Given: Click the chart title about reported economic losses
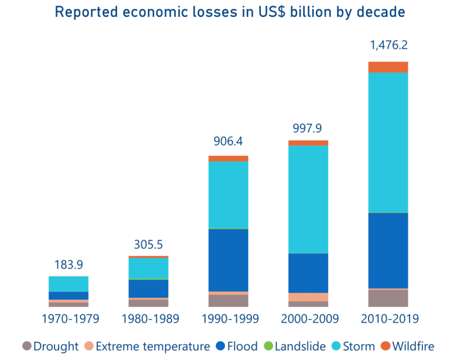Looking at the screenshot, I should click(x=230, y=12).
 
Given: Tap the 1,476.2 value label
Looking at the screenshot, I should click(x=388, y=45).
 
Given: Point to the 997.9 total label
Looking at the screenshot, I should click(x=308, y=128).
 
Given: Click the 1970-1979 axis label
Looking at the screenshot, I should click(x=69, y=319).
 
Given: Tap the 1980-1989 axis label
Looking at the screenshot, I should click(x=148, y=319).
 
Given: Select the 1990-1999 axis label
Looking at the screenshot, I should click(x=229, y=319).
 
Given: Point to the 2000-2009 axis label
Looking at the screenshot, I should click(x=308, y=319).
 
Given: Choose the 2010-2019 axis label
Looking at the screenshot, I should click(x=388, y=319).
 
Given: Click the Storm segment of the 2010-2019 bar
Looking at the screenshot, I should click(x=388, y=142).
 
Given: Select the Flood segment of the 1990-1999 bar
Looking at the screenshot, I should click(x=229, y=260).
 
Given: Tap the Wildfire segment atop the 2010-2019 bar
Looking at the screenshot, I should click(x=388, y=67).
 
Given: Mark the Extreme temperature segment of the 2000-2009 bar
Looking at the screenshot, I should click(x=308, y=297).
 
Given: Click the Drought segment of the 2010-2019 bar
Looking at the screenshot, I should click(x=388, y=298).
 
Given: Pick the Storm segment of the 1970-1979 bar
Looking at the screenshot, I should click(x=69, y=284).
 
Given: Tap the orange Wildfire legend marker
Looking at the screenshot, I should click(x=385, y=346).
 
